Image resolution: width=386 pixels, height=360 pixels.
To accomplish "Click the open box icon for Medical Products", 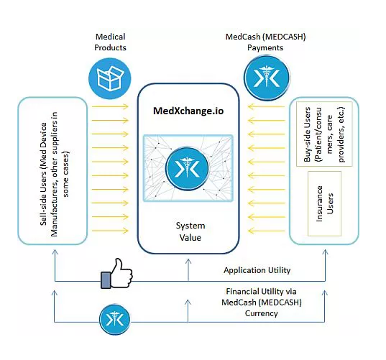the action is [x=110, y=79].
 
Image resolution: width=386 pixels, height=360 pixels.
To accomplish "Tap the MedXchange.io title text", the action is [x=188, y=111].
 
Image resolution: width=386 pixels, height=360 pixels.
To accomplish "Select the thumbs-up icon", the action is [x=116, y=273].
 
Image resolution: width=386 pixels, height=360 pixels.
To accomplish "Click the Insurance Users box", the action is [x=324, y=204].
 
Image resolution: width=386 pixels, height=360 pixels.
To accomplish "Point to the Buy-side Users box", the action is [x=324, y=134].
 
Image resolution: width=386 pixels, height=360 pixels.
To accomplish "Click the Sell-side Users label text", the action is [x=55, y=174].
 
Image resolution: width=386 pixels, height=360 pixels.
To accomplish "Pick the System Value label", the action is [x=190, y=231].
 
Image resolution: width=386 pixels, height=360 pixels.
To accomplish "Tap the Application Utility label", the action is [x=257, y=270].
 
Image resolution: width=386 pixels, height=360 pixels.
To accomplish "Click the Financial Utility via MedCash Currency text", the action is [x=262, y=303].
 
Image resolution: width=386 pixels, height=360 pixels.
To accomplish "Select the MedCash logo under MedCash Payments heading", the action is [x=267, y=78].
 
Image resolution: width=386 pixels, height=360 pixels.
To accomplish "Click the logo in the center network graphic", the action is [x=187, y=169].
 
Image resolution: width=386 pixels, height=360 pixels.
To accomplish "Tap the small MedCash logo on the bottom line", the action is [x=114, y=319].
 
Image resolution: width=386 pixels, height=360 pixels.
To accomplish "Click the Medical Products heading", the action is [x=110, y=42].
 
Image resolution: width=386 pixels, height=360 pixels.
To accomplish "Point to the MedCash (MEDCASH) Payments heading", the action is [x=266, y=42].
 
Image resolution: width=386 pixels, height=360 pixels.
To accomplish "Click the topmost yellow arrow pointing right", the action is [x=110, y=106].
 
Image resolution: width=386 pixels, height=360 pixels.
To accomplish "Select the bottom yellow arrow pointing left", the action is [x=267, y=231].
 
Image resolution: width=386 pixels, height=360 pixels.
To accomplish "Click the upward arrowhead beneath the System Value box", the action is [x=188, y=262].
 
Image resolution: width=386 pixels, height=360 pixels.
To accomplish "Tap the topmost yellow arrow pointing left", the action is [x=267, y=106].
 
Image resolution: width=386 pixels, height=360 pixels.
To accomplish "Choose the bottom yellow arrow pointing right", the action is [x=110, y=231].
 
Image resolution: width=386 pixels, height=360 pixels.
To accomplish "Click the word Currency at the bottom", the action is [x=262, y=313].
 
